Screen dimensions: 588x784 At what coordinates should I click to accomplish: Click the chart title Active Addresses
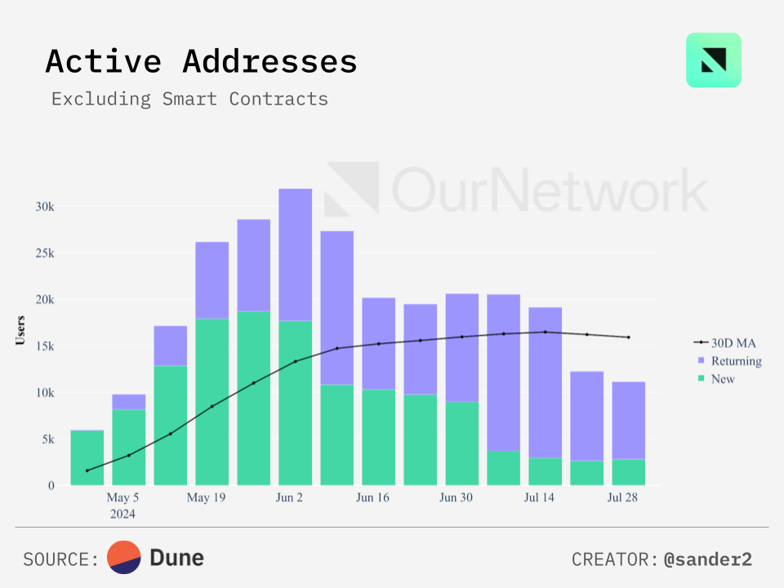[201, 62]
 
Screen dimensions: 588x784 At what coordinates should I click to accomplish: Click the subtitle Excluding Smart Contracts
[189, 99]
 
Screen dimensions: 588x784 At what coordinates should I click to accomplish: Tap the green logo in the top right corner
[713, 60]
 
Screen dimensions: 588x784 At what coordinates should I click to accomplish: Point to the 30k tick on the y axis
[44, 207]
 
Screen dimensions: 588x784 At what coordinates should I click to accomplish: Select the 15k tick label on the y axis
[44, 346]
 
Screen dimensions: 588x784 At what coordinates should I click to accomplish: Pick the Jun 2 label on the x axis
[289, 497]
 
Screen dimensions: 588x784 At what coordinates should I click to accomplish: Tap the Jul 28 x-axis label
[622, 497]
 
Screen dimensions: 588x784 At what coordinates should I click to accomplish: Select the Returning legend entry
[735, 361]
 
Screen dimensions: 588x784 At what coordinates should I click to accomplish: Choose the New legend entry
[723, 379]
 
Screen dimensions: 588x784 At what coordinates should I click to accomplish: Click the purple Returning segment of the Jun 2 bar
[296, 254]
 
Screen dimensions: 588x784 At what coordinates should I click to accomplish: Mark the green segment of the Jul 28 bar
[629, 472]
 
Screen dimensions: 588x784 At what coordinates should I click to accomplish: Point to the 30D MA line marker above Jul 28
[629, 337]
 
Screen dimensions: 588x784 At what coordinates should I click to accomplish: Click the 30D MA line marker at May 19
[212, 406]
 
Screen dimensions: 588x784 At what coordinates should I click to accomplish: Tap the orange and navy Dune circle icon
[124, 558]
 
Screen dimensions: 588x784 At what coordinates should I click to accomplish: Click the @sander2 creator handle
[707, 559]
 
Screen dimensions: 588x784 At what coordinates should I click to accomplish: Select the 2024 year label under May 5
[123, 514]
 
